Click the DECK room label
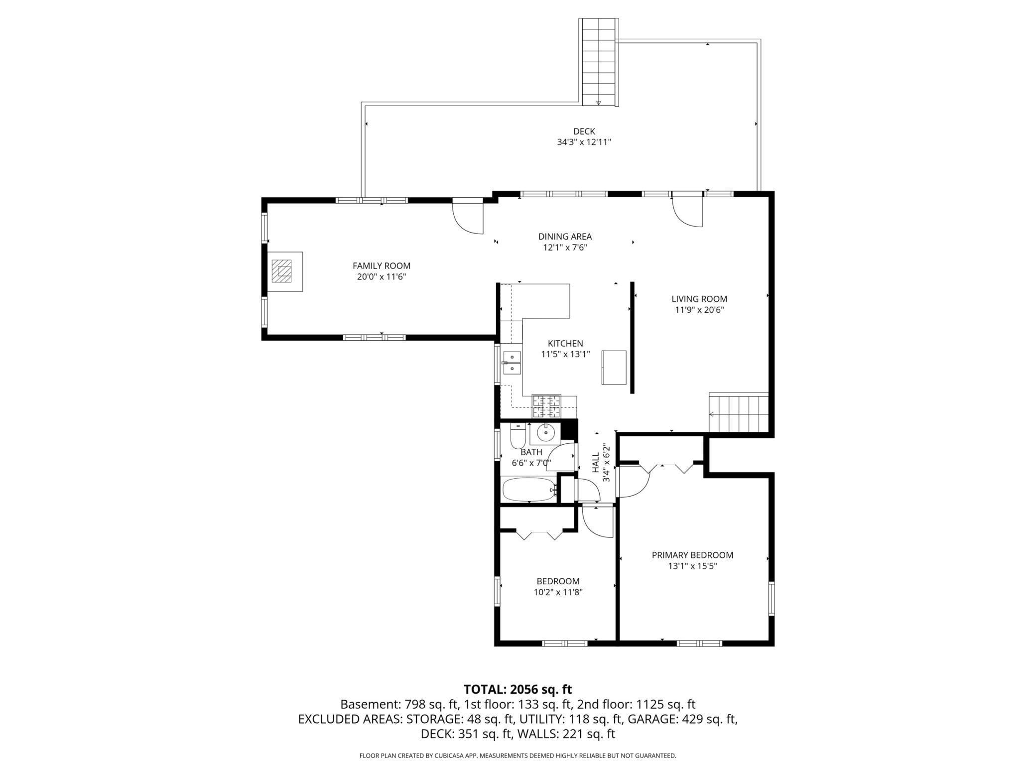pos(584,131)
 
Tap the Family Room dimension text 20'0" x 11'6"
pos(382,277)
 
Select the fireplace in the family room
pos(285,271)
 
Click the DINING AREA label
pos(565,237)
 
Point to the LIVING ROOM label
pos(699,299)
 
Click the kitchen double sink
pos(512,363)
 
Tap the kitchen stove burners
pos(546,406)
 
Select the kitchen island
pos(614,368)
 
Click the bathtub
pos(529,489)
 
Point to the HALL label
pos(596,463)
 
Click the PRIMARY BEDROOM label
pos(692,555)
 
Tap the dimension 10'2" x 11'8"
pos(558,592)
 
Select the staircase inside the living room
pos(739,413)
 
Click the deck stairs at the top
pos(599,62)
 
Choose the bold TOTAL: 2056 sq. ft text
pos(518,689)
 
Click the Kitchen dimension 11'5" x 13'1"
pos(565,354)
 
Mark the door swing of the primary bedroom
pos(634,482)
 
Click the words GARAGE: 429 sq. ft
pos(682,719)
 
